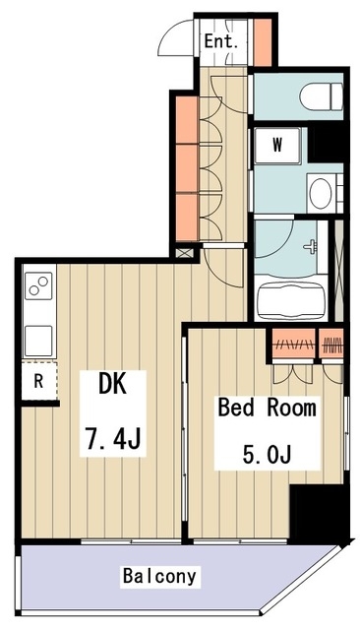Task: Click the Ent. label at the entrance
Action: click(x=221, y=41)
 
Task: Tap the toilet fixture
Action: click(x=321, y=96)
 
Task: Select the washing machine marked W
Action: click(x=277, y=145)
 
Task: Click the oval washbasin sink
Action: click(x=321, y=193)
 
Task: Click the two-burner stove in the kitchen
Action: click(x=38, y=285)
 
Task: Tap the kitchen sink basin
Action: click(x=38, y=341)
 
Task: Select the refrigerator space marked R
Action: click(x=39, y=381)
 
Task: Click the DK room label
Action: click(x=112, y=385)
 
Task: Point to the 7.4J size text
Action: click(x=113, y=439)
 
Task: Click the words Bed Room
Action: click(x=267, y=408)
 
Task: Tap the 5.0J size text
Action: click(x=267, y=455)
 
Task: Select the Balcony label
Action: click(x=159, y=576)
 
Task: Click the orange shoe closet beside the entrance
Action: click(x=263, y=41)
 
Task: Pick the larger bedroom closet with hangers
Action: click(x=293, y=344)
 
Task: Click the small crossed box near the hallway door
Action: click(x=185, y=253)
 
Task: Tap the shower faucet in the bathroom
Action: click(x=310, y=245)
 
